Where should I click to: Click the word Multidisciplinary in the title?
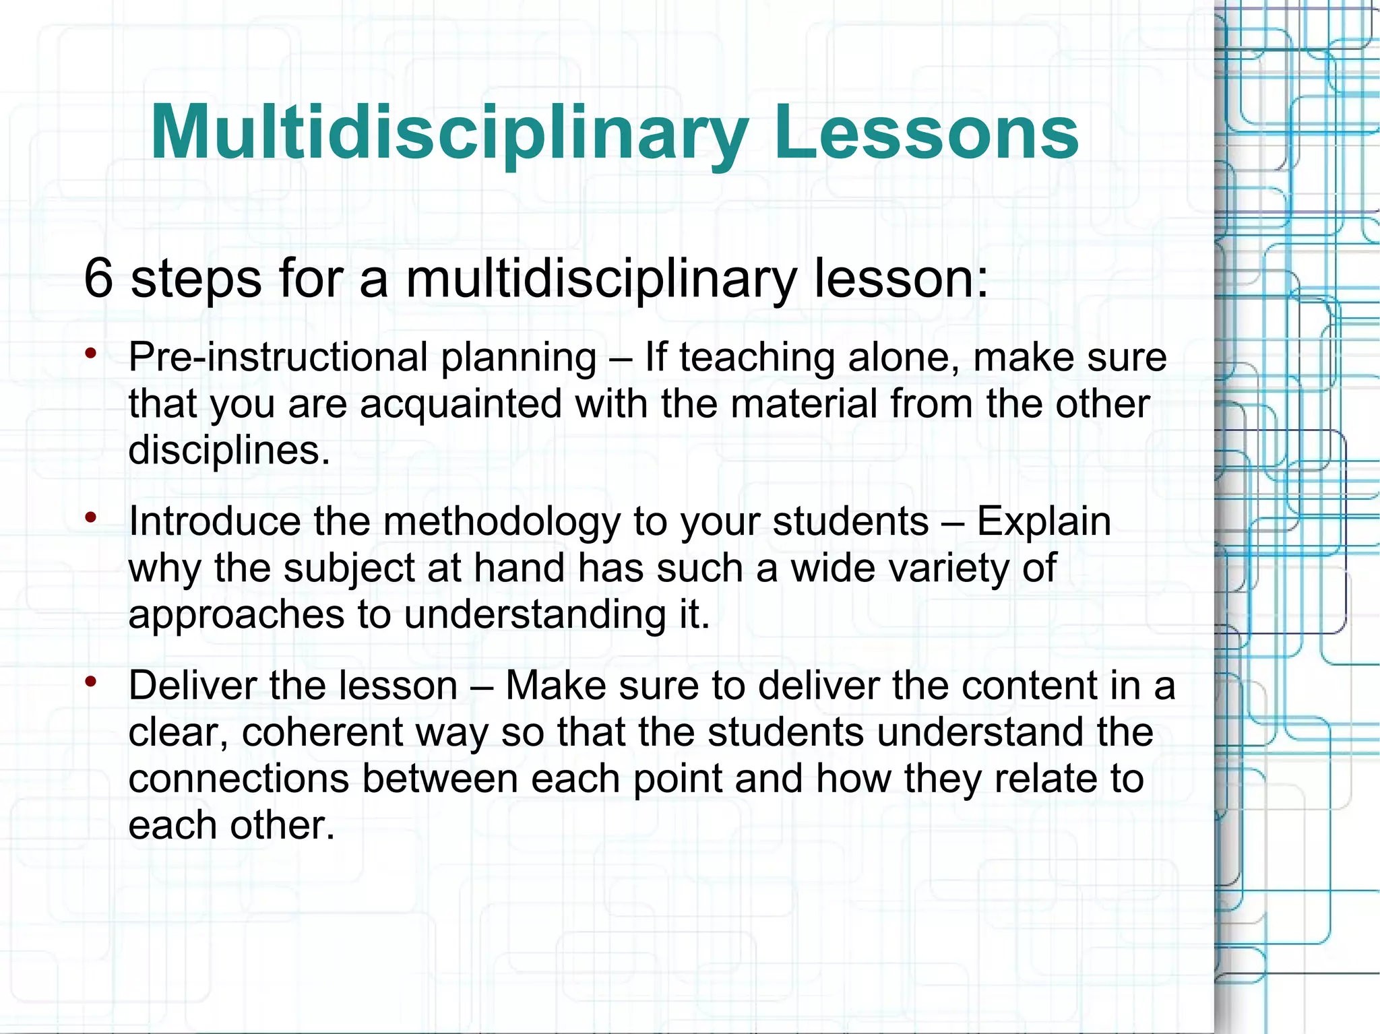pos(449,133)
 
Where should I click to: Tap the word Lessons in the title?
pos(926,133)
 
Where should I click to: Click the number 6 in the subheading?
pos(98,278)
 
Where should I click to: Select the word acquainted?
pos(461,404)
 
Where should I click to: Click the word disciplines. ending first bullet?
pos(229,450)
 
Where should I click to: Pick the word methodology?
pos(501,522)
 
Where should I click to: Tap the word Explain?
pos(1044,522)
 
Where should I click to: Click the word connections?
pos(239,779)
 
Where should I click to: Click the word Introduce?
pos(215,522)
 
